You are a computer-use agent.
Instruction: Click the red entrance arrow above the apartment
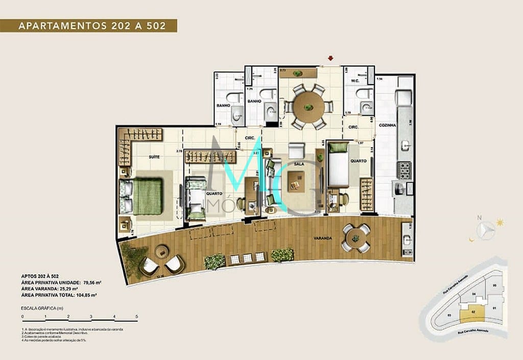[330, 58]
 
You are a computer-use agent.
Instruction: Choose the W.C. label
[355, 81]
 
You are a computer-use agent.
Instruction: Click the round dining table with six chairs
[308, 107]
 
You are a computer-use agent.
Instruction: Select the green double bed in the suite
[147, 196]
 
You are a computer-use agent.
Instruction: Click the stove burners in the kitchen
[404, 170]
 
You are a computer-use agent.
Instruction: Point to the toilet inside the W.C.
[364, 93]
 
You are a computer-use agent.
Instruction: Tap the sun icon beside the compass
[500, 222]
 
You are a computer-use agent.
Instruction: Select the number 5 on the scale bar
[136, 317]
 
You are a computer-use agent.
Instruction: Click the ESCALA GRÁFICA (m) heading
[42, 308]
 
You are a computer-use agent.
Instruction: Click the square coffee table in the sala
[296, 180]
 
